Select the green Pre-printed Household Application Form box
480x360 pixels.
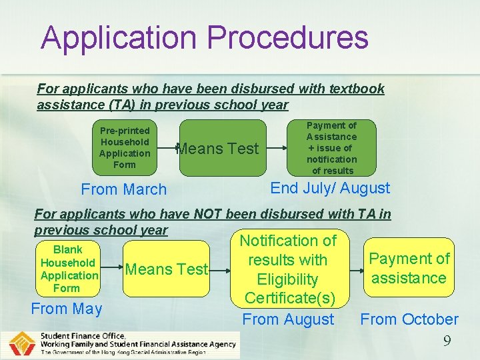coord(125,147)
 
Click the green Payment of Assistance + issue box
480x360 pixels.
coord(331,148)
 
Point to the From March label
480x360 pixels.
coord(124,189)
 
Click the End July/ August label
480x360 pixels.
coord(330,188)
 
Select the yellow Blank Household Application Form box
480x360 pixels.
coord(67,269)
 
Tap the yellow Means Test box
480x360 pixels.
coord(167,269)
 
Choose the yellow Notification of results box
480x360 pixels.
coord(288,269)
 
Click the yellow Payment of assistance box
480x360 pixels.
coord(409,268)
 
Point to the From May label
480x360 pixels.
coord(67,309)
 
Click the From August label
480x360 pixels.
coord(288,319)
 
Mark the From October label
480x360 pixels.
coord(409,319)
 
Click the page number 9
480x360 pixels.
coord(447,341)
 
